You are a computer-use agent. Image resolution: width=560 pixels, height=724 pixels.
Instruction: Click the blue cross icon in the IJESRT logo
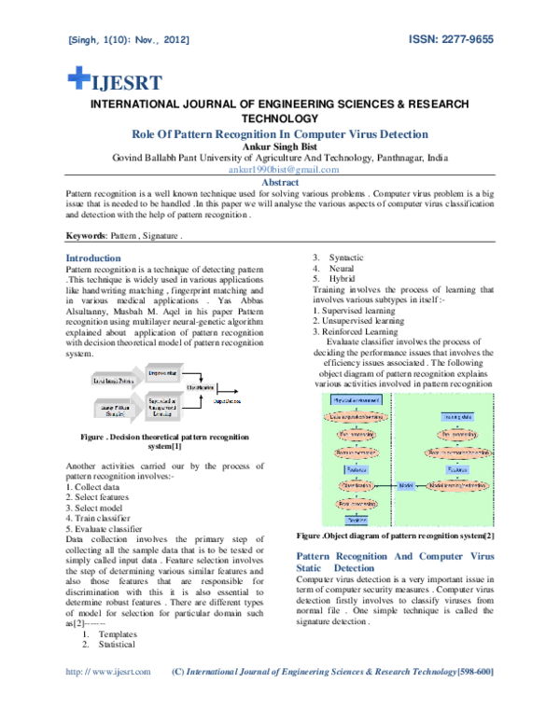78,77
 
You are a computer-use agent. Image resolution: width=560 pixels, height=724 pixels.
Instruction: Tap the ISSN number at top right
451,40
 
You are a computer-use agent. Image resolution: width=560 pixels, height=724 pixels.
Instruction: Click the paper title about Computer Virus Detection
280,134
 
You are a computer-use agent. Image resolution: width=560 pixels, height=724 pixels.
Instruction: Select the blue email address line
282,170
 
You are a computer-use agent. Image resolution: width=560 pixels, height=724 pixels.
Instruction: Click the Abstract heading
280,183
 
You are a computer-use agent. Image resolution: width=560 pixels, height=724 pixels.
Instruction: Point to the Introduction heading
92,258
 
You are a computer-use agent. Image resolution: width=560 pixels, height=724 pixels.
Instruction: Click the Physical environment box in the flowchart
355,400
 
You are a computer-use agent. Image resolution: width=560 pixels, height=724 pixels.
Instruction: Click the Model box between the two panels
405,485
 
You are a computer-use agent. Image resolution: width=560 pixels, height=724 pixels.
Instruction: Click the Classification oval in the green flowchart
356,485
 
